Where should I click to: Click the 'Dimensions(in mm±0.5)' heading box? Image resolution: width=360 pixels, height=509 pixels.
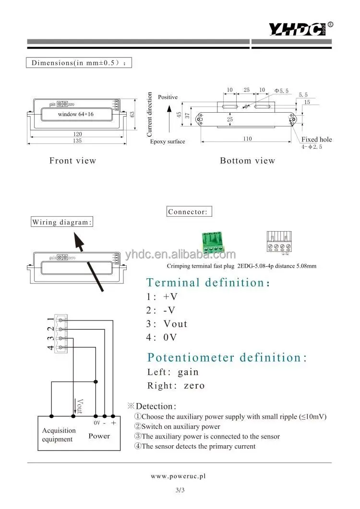tap(78, 63)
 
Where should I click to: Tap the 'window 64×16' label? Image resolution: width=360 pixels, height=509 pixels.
tap(76, 114)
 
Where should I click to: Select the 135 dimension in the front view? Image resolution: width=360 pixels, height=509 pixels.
tap(77, 141)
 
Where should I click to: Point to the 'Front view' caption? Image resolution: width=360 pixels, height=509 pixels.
tap(72, 161)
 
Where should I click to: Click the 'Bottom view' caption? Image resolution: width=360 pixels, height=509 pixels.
tap(247, 161)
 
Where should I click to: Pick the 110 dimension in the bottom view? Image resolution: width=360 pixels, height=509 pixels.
tap(248, 138)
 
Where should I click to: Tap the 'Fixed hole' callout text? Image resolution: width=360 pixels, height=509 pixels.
tap(316, 140)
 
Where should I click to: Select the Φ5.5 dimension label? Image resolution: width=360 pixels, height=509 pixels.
tap(281, 91)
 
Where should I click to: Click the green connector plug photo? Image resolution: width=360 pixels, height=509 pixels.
tap(213, 243)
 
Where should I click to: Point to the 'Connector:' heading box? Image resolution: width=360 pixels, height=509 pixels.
tap(189, 212)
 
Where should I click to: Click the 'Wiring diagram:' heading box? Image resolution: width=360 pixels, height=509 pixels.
tap(62, 222)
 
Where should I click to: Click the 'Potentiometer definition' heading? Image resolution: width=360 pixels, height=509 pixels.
tap(227, 357)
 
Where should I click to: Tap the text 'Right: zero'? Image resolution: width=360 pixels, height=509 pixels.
tap(176, 385)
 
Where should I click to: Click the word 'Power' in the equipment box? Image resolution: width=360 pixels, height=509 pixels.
tap(99, 436)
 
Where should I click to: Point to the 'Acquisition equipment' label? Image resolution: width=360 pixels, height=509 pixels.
tap(59, 435)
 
